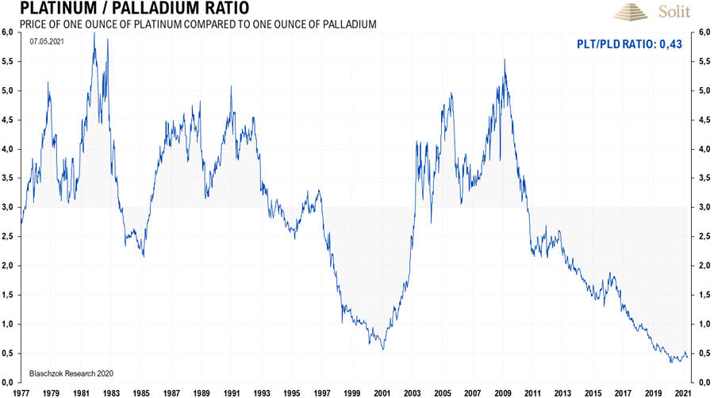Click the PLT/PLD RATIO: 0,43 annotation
[629, 45]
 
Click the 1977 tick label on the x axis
[21, 392]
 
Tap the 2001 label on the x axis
[382, 392]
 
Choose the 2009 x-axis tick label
[502, 392]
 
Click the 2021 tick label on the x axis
[682, 392]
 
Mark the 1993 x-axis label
[262, 392]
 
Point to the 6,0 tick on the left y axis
[8, 32]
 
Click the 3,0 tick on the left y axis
[8, 207]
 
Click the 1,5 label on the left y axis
[8, 295]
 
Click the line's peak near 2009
[505, 59]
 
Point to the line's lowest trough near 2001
[382, 349]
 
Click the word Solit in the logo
[675, 12]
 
